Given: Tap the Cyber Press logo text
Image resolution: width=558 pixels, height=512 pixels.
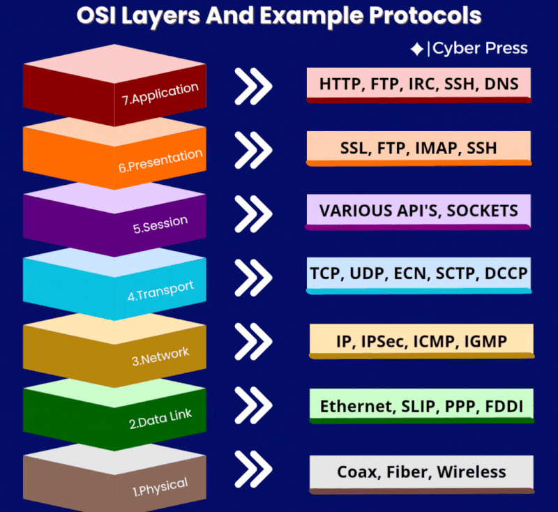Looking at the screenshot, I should click(480, 48).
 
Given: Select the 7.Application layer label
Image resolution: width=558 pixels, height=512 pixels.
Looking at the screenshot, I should click(160, 94).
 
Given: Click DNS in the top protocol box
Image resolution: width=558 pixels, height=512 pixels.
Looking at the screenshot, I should click(502, 84).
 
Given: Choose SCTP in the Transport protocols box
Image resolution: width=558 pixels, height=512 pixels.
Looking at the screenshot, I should click(453, 273).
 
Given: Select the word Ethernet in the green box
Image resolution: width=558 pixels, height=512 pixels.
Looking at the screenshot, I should click(355, 406).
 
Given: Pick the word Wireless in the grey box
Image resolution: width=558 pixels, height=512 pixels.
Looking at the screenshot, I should click(472, 472).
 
